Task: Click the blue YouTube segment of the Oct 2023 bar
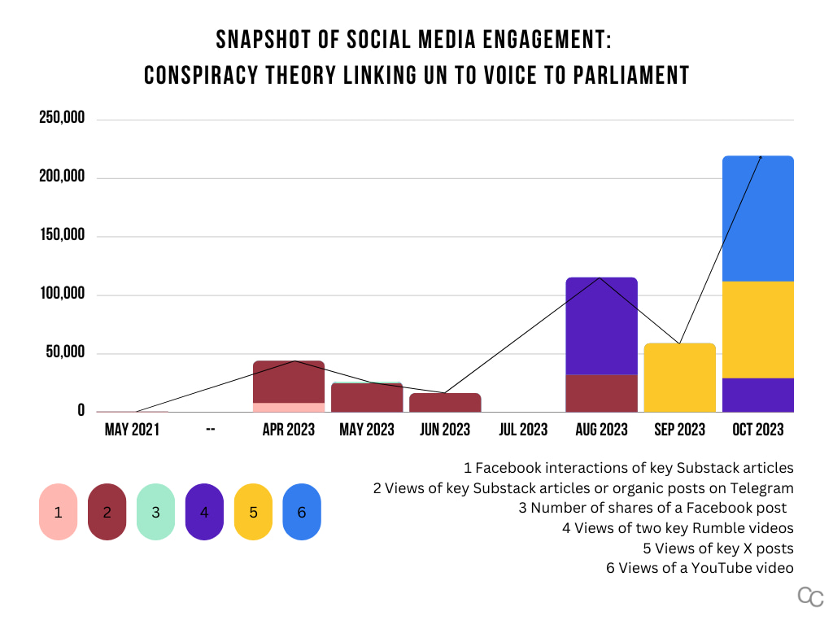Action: coord(757,218)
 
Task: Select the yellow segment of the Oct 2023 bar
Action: coord(757,330)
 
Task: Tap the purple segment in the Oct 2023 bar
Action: coord(757,395)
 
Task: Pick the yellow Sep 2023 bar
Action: coord(679,378)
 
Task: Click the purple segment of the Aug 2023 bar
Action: coord(601,326)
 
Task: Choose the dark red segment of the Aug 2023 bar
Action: coord(601,393)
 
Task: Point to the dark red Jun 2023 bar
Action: coord(445,403)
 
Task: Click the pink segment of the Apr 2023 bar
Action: coord(289,407)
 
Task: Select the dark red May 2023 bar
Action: coord(367,398)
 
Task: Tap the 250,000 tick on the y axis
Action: coord(62,119)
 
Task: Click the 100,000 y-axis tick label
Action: coord(62,295)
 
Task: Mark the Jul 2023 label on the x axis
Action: coord(523,429)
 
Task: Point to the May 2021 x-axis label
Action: coord(132,429)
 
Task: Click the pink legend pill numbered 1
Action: coord(58,512)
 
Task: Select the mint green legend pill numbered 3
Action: coord(155,512)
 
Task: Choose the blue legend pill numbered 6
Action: coord(302,512)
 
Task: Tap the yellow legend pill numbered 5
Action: coord(253,512)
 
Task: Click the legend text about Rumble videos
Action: coord(678,527)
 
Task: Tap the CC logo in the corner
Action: coord(810,597)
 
